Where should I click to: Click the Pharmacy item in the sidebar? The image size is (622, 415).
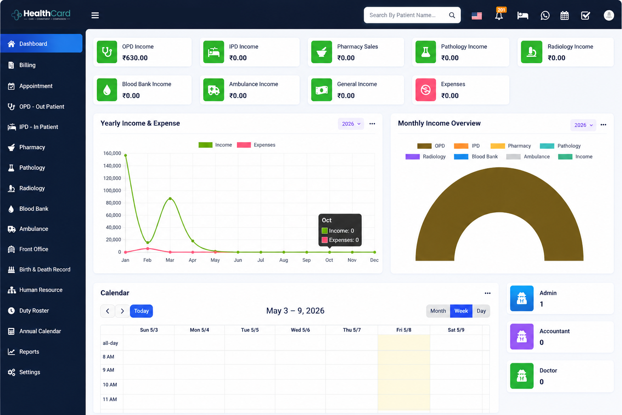click(32, 148)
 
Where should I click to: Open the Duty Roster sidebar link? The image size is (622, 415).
click(34, 310)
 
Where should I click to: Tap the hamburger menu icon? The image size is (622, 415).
click(95, 15)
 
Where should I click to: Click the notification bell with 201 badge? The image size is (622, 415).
click(499, 15)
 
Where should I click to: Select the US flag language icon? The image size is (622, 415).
click(477, 15)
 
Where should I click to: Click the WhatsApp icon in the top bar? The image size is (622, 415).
click(545, 15)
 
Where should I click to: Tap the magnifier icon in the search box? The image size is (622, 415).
click(452, 15)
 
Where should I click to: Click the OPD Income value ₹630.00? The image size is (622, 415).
click(135, 58)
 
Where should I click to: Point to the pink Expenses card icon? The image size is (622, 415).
click(426, 90)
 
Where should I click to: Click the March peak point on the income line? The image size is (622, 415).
click(170, 199)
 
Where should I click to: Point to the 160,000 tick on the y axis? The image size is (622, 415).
click(112, 153)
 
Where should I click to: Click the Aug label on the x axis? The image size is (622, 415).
click(283, 260)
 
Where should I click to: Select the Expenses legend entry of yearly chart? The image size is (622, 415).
click(256, 145)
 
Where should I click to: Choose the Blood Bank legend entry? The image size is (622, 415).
click(476, 157)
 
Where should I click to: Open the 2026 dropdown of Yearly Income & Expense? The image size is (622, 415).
click(351, 124)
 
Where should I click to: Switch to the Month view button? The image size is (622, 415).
click(438, 311)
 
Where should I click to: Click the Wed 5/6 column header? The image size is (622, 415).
click(300, 330)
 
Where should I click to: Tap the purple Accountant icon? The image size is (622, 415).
click(522, 337)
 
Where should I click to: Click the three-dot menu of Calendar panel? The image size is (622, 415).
click(488, 293)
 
